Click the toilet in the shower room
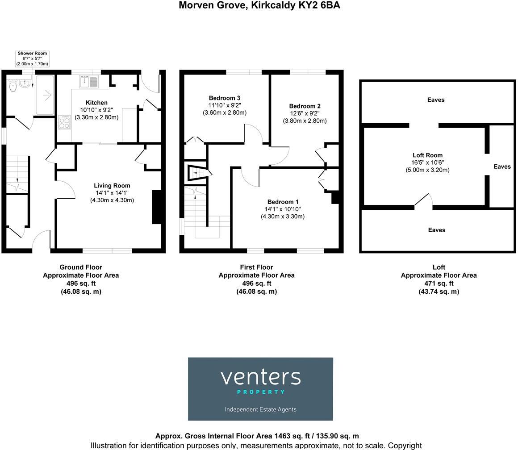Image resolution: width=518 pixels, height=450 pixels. [12, 86]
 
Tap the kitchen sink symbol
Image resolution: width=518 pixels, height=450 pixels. [88, 82]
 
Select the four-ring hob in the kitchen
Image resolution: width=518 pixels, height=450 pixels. [64, 122]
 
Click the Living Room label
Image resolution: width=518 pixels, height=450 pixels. [112, 186]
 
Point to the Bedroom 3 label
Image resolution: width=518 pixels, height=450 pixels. [225, 98]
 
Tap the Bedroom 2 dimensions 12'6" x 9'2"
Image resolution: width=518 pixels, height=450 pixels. [305, 113]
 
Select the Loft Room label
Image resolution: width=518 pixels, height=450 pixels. [427, 155]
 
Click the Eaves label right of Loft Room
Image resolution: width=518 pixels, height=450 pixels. [502, 167]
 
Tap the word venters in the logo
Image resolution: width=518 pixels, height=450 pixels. [260, 377]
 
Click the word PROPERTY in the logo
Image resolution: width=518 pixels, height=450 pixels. [260, 392]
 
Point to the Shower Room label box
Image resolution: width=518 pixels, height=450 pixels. [32, 58]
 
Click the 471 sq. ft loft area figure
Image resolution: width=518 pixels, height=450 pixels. [439, 283]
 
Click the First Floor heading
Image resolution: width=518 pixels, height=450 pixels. [256, 267]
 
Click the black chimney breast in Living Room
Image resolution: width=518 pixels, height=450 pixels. [157, 207]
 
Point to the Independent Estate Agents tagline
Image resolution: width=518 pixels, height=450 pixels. [260, 409]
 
